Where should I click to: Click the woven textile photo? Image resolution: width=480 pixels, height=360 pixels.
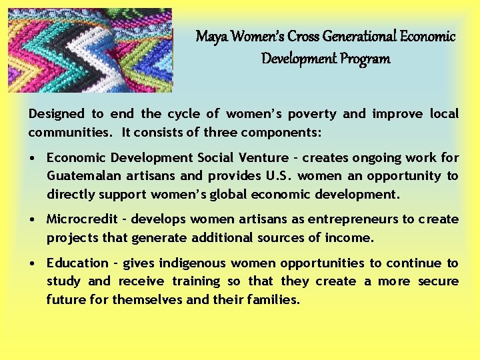click(90, 50)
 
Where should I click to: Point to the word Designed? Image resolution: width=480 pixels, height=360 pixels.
click(56, 114)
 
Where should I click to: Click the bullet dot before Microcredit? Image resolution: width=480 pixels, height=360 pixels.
click(33, 220)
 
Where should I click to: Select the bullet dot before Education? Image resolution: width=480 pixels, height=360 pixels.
click(33, 264)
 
